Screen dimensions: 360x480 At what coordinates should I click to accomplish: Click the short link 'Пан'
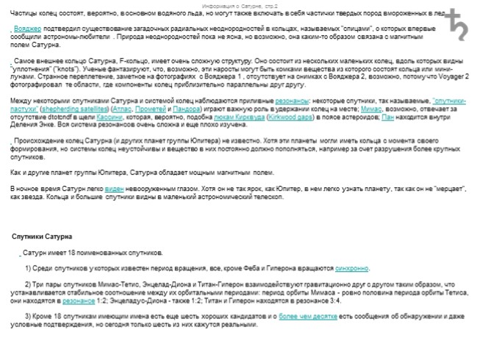pos(387,116)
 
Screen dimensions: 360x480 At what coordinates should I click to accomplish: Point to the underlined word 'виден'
pos(113,189)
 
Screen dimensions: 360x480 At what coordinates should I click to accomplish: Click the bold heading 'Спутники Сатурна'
pos(42,237)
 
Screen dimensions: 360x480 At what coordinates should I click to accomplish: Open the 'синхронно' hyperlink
pos(352,269)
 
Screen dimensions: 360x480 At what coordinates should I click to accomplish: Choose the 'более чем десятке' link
pos(307,317)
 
